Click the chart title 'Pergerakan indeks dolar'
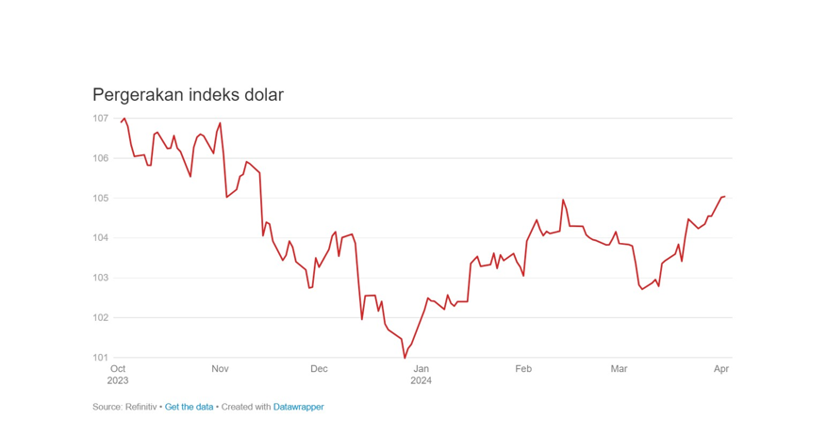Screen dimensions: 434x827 [x=188, y=95]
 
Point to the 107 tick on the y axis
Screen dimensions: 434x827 [x=100, y=119]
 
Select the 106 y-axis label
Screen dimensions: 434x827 [x=100, y=158]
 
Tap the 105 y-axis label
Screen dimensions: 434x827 [x=100, y=199]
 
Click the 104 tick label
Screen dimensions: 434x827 [x=100, y=238]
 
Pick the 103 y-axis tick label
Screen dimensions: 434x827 [x=100, y=279]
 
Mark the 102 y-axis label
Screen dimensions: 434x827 [x=100, y=318]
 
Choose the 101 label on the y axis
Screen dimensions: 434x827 [x=100, y=358]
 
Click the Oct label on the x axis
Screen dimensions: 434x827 [x=118, y=369]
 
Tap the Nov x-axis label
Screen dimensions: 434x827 [x=220, y=369]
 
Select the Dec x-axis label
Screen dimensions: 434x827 [x=319, y=369]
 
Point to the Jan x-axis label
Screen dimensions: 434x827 [x=421, y=369]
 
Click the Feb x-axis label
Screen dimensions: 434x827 [x=522, y=369]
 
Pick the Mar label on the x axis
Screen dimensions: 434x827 [x=619, y=369]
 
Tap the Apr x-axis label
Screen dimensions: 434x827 [x=721, y=369]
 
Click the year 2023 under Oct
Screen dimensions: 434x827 [x=118, y=381]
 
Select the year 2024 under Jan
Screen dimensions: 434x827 [x=421, y=381]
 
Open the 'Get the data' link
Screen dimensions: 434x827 [x=189, y=408]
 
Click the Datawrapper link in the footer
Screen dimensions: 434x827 [x=298, y=408]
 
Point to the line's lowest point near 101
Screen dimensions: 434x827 [x=405, y=357]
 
